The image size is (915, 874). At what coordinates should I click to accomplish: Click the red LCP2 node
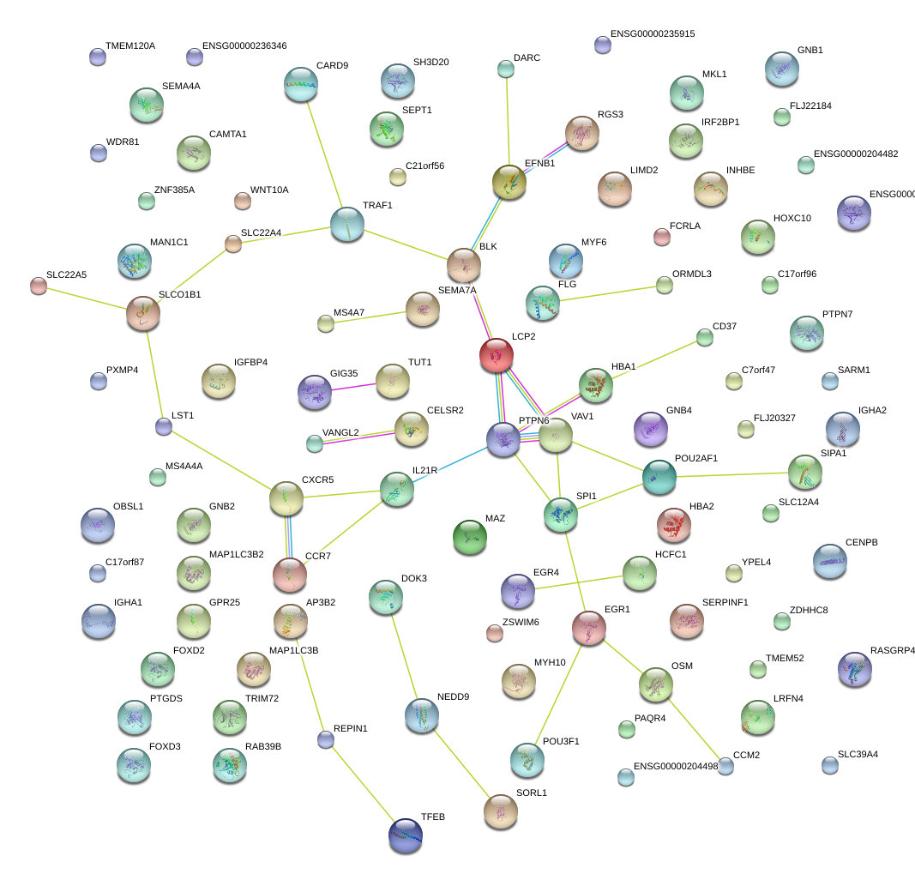(x=497, y=354)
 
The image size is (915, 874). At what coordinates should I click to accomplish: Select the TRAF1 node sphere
(x=347, y=224)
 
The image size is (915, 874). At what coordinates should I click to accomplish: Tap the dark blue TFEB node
(x=405, y=834)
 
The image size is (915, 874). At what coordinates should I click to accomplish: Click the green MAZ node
(x=469, y=536)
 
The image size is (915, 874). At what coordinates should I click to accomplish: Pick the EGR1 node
(x=589, y=628)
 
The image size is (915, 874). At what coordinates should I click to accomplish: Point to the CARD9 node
(x=301, y=83)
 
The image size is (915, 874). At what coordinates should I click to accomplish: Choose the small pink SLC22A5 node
(x=38, y=286)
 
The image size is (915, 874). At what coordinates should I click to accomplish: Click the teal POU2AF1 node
(x=659, y=477)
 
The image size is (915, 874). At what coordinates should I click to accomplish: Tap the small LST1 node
(x=164, y=426)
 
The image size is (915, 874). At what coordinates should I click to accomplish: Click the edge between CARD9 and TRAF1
(x=324, y=154)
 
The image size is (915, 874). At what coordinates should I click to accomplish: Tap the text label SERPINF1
(x=725, y=602)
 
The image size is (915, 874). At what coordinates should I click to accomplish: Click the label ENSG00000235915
(x=652, y=34)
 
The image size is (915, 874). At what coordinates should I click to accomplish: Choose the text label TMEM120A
(x=130, y=45)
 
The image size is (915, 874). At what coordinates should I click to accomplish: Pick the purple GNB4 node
(x=650, y=429)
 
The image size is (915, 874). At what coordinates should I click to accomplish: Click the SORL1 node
(x=502, y=811)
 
